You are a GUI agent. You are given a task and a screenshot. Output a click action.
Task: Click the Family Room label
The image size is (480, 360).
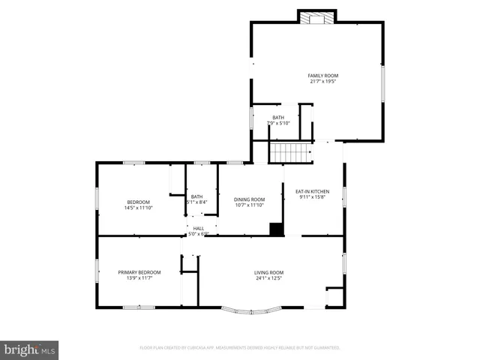[323, 76]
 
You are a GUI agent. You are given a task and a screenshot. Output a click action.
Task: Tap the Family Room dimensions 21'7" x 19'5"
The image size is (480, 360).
[323, 82]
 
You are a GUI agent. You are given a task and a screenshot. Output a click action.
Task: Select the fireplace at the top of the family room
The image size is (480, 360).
[317, 17]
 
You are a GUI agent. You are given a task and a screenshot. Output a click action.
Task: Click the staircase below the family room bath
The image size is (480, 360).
[290, 153]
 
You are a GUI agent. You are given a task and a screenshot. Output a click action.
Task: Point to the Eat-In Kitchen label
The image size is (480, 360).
[312, 192]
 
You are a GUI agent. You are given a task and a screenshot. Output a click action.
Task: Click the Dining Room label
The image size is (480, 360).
[249, 199]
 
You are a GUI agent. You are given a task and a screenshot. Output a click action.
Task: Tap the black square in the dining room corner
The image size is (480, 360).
[277, 229]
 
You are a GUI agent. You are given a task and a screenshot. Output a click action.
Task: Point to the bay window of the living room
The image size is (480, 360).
[253, 308]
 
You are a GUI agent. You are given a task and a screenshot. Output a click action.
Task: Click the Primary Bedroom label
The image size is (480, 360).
[139, 272]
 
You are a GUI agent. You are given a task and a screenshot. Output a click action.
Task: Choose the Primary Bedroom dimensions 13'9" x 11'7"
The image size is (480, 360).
[139, 278]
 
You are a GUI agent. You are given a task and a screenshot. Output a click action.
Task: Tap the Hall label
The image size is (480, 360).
[199, 228]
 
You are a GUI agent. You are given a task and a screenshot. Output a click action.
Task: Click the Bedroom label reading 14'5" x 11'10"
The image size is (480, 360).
[139, 202]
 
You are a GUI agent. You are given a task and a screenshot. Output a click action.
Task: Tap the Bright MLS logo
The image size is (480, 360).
[30, 349]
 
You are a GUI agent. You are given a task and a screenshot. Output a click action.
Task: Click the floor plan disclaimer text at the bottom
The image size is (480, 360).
[240, 348]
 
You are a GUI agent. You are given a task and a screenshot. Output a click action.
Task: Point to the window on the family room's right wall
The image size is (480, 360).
[382, 82]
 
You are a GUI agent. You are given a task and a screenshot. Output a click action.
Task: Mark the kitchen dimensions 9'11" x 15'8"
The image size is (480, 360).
[312, 198]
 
